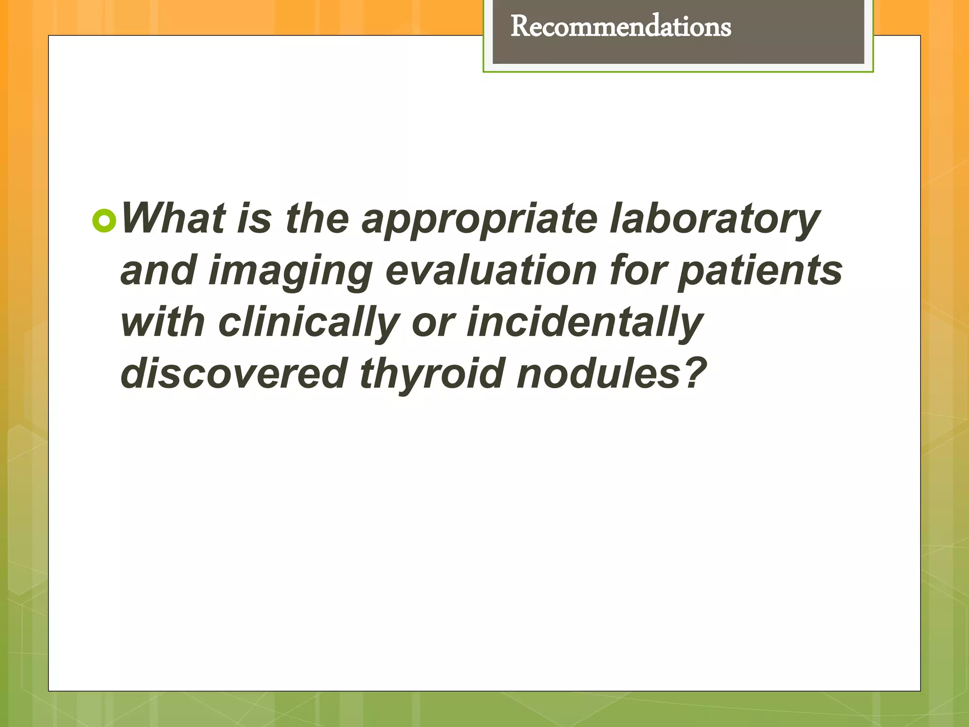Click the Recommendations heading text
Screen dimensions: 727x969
tap(620, 27)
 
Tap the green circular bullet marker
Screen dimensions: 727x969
tap(104, 221)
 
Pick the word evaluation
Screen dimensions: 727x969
tap(491, 271)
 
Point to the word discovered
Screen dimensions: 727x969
tap(234, 374)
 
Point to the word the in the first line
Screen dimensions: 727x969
tap(317, 219)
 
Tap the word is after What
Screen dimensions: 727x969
tap(254, 219)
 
